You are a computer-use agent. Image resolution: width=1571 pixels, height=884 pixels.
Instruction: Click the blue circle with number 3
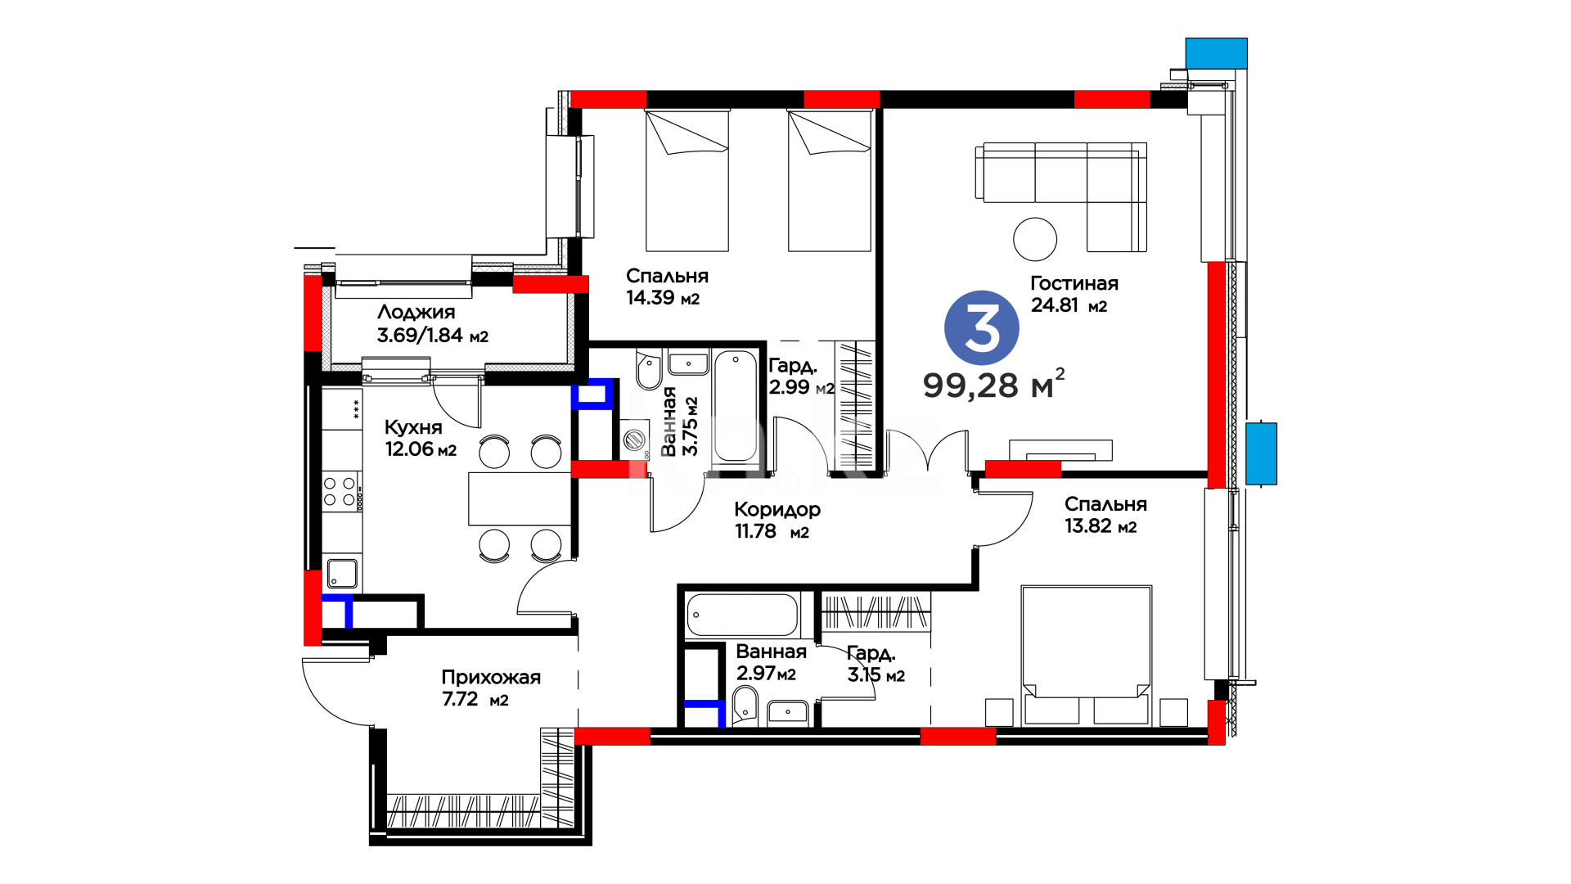tap(981, 328)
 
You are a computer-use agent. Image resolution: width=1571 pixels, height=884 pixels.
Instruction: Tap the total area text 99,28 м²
tap(994, 384)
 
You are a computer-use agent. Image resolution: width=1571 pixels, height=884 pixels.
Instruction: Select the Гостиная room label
tap(1074, 283)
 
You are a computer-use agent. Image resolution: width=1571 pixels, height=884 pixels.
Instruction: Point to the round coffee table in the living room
tap(1035, 239)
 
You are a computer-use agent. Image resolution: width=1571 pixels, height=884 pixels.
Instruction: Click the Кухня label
tap(413, 427)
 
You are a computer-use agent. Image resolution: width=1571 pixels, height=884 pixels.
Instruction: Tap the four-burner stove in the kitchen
tap(340, 490)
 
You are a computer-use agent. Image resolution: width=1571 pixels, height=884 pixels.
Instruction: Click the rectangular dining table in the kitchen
tap(520, 498)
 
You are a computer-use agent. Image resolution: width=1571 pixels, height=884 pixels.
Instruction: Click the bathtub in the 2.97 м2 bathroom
tap(742, 615)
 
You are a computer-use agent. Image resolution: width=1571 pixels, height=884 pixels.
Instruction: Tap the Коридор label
tap(777, 509)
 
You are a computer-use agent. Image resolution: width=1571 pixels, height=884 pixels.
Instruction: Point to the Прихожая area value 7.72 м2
tap(475, 700)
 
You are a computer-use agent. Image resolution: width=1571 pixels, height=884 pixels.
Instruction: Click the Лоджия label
tap(416, 312)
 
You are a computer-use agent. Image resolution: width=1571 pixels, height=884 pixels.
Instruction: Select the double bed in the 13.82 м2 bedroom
tap(1087, 655)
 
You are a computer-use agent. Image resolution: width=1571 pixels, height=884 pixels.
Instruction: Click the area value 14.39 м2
tap(663, 298)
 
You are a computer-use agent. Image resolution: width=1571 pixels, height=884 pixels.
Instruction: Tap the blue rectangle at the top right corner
tap(1217, 53)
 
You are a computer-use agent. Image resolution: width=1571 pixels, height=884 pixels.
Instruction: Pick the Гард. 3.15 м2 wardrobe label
tap(876, 664)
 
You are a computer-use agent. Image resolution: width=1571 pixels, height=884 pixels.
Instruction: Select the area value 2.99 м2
tap(802, 387)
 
